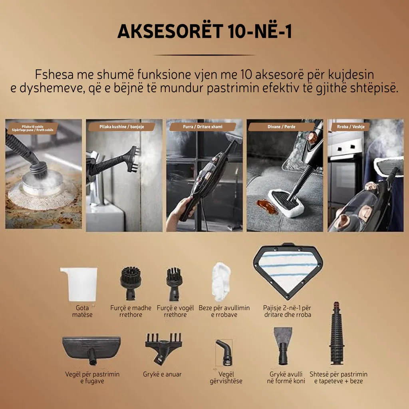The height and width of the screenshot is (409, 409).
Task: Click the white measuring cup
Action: click(79, 284)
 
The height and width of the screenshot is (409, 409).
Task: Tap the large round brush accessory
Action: click(131, 283)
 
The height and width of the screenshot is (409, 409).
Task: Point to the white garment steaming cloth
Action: click(221, 282)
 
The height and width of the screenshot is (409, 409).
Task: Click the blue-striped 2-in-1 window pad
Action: click(288, 271)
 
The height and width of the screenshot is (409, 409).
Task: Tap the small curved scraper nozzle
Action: click(224, 352)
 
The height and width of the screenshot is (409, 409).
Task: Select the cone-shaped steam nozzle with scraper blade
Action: click(283, 346)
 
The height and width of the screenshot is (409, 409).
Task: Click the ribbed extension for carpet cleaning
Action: click(336, 334)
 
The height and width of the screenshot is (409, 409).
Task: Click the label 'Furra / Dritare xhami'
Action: click(203, 127)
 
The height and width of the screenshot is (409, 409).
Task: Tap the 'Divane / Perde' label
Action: click(282, 127)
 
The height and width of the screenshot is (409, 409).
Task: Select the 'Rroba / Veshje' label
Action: click(351, 127)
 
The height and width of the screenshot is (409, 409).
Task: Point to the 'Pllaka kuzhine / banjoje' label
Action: click(121, 127)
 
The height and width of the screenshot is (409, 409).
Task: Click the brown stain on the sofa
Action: click(266, 206)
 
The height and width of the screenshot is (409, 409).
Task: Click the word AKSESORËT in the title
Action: click(170, 31)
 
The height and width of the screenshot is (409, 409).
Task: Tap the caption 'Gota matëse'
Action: click(82, 311)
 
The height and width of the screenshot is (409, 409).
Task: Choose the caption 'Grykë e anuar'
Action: click(162, 374)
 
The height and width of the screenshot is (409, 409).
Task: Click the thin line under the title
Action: click(204, 55)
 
